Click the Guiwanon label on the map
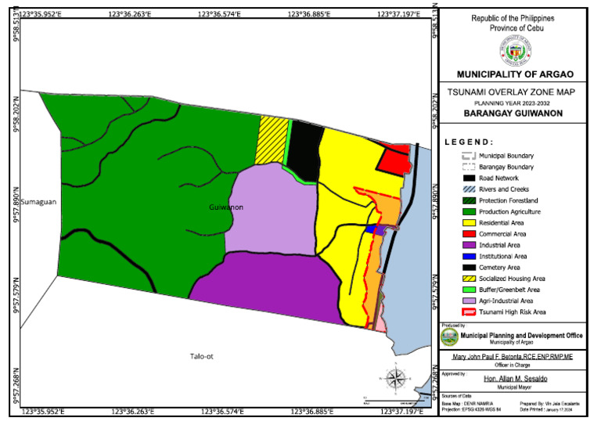[226, 207]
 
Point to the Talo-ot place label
[201, 357]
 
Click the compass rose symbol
[396, 379]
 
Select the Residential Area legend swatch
[468, 222]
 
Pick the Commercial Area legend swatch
[468, 234]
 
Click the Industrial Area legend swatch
[468, 245]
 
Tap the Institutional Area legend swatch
[468, 256]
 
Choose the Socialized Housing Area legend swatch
[468, 279]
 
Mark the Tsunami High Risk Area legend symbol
[468, 312]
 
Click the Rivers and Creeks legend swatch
[468, 189]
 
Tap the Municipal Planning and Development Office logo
[449, 337]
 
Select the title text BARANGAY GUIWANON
[513, 113]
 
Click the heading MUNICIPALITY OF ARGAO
[514, 74]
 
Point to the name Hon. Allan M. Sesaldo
[513, 379]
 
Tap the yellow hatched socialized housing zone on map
[272, 140]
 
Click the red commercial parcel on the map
[394, 160]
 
